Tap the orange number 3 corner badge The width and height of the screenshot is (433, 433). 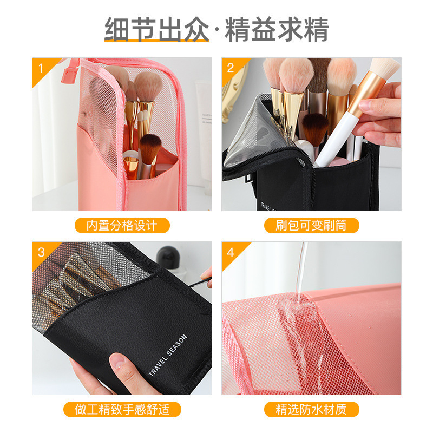tap(42, 252)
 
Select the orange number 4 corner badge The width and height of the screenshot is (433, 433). tap(231, 252)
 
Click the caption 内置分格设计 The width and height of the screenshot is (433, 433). tap(122, 225)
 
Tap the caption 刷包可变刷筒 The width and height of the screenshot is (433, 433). tap(311, 225)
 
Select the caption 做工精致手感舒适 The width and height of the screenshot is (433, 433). tap(122, 409)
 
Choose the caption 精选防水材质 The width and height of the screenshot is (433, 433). tap(311, 409)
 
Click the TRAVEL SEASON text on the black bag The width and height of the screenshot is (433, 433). tap(168, 356)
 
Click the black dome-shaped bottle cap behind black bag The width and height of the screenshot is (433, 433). tap(168, 257)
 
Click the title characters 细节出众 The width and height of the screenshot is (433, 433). tap(156, 29)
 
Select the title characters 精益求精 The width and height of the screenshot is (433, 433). tap(277, 29)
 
